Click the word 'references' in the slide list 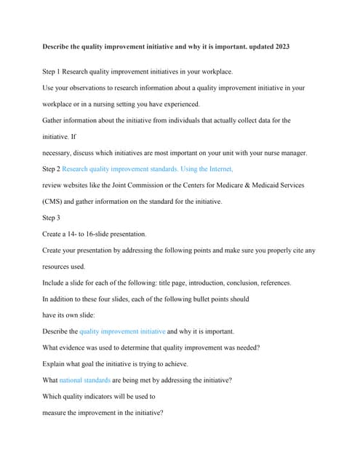point(271,283)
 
